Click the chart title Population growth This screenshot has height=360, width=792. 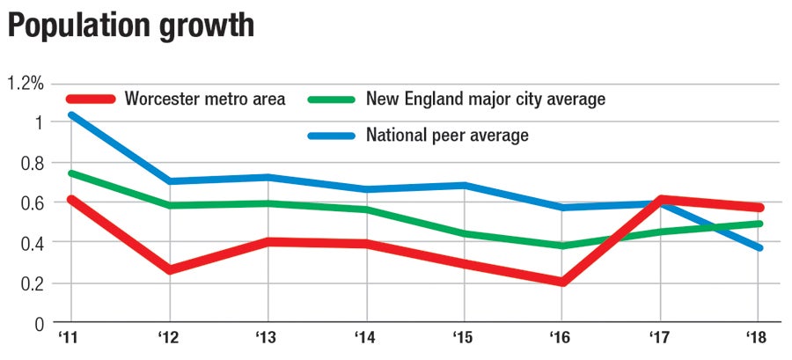pos(131,26)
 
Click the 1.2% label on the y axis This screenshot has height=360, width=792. pos(26,84)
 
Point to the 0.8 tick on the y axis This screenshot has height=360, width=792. pos(32,163)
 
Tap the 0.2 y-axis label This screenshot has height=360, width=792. pos(32,283)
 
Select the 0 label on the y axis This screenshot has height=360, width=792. pos(38,323)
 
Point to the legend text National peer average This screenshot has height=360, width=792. pos(447,136)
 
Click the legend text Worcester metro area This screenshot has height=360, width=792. pos(205,99)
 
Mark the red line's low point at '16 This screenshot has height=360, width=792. pos(561,282)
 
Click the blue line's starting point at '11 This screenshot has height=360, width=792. pos(71,114)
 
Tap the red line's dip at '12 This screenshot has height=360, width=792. pos(169,269)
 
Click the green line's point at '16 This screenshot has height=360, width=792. pos(561,246)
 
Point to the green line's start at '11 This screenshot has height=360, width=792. pos(71,173)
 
